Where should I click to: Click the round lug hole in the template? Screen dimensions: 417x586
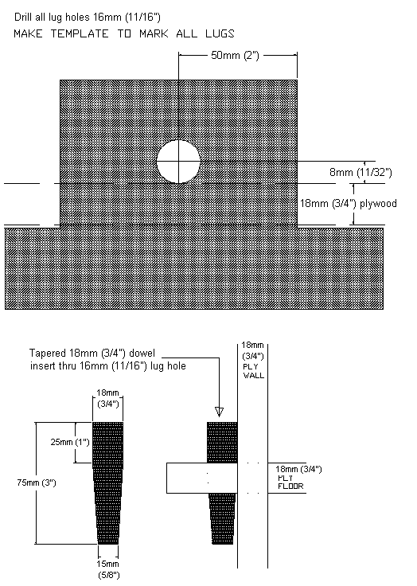pos(178,162)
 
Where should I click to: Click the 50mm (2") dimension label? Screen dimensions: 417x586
pos(235,56)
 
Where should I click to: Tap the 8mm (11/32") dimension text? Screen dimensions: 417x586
pos(360,172)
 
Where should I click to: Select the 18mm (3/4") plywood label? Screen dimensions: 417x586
pos(349,203)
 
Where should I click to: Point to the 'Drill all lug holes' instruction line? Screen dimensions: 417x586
pos(87,17)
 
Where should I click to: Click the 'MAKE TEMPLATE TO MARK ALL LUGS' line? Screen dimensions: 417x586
pos(124,33)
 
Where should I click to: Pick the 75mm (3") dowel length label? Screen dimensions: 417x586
pos(37,482)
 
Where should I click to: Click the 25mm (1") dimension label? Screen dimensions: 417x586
pos(70,442)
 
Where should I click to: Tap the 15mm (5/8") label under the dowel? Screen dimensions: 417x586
pos(108,569)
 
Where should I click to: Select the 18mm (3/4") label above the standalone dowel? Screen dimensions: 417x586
pos(107,398)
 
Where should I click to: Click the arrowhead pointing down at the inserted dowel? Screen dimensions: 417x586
pos(220,412)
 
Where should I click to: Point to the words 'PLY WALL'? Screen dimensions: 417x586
pos(253,371)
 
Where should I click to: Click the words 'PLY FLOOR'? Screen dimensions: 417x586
pos(290,482)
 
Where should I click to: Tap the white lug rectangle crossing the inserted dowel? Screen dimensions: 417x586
pos(202,478)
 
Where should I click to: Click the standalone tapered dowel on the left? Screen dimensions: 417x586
pos(108,483)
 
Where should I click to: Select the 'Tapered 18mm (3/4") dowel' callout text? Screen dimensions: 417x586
pos(92,354)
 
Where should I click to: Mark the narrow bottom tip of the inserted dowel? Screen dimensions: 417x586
pos(222,543)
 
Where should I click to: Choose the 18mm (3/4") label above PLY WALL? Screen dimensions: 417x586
pos(253,350)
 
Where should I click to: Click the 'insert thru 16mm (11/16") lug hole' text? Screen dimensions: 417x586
pos(108,365)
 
